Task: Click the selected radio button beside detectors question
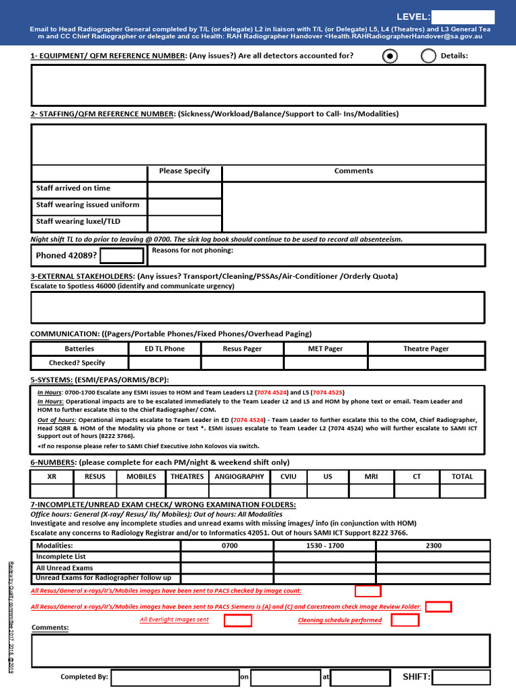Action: tap(390, 56)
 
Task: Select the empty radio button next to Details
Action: tap(429, 56)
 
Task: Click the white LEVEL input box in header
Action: tap(462, 17)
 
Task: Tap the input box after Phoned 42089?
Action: tap(122, 255)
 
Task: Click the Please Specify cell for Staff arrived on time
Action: tap(184, 189)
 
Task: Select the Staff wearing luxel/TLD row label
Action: tap(79, 221)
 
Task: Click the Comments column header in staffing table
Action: tap(353, 171)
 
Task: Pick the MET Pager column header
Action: tap(325, 349)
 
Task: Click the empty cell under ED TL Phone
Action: tap(165, 363)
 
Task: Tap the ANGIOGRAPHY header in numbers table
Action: tap(239, 476)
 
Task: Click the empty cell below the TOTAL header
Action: tap(462, 491)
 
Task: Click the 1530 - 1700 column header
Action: tap(325, 546)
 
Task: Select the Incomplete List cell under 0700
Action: tap(227, 557)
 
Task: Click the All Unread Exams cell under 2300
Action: tap(433, 568)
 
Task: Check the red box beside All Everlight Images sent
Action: tap(238, 620)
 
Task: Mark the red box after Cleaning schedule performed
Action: tap(404, 620)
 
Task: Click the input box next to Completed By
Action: tap(175, 677)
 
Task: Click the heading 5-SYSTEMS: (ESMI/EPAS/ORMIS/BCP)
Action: tap(99, 380)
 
